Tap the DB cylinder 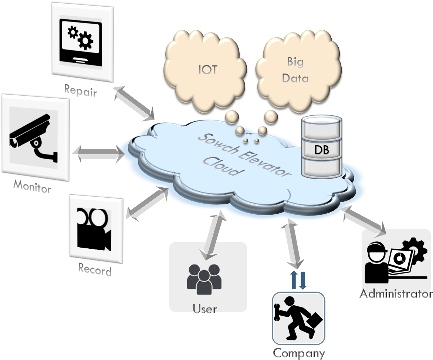[321, 147]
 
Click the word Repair [80, 90]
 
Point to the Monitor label [32, 186]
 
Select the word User [204, 308]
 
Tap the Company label [298, 353]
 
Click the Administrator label [396, 294]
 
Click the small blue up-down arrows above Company [298, 280]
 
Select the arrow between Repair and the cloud [133, 103]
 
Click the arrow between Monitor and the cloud [98, 154]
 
